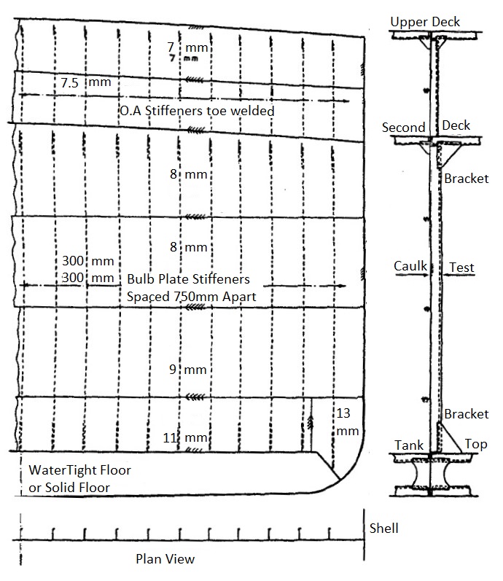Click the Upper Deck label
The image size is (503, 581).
425,22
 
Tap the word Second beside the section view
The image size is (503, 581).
404,128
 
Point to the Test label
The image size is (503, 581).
461,268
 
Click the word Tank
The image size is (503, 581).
409,445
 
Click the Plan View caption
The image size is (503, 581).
165,559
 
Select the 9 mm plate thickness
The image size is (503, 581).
188,370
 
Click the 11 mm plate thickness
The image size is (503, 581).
185,438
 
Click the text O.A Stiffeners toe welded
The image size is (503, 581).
197,111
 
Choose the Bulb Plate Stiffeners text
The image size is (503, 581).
188,278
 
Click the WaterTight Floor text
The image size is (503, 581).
79,471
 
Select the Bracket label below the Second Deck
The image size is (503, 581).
466,179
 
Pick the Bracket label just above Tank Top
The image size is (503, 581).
466,414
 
